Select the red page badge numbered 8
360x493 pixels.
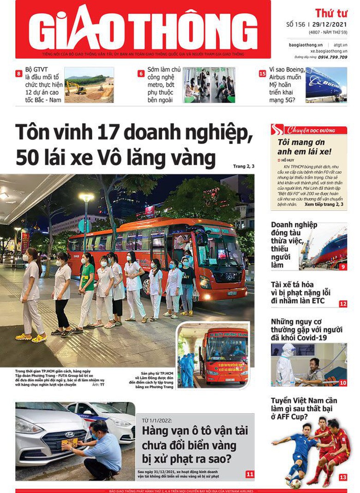click(x=19, y=73)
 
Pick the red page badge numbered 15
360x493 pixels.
click(x=263, y=73)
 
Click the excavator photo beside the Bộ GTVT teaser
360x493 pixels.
click(x=89, y=85)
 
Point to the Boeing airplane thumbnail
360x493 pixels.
click(x=326, y=85)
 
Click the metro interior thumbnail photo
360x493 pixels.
click(x=209, y=85)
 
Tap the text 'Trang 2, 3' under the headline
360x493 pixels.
click(x=243, y=166)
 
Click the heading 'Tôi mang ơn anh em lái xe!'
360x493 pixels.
click(x=305, y=147)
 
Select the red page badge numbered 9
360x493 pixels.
click(x=342, y=266)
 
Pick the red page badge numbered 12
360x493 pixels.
click(x=342, y=304)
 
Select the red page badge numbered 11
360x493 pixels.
click(x=250, y=474)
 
